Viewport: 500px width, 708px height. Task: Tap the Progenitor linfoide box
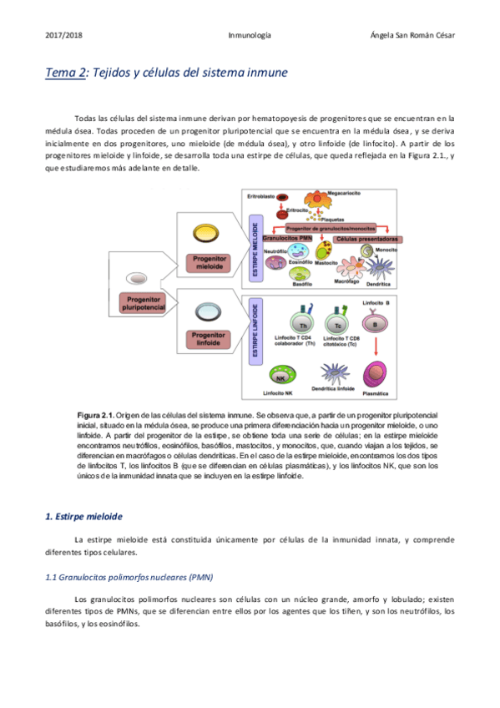tap(205, 339)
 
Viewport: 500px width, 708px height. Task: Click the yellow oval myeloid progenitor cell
tap(205, 234)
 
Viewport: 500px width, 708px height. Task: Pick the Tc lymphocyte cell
tap(336, 323)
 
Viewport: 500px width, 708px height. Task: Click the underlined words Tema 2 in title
tap(65, 73)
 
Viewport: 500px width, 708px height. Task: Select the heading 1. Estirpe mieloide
tap(83, 517)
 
